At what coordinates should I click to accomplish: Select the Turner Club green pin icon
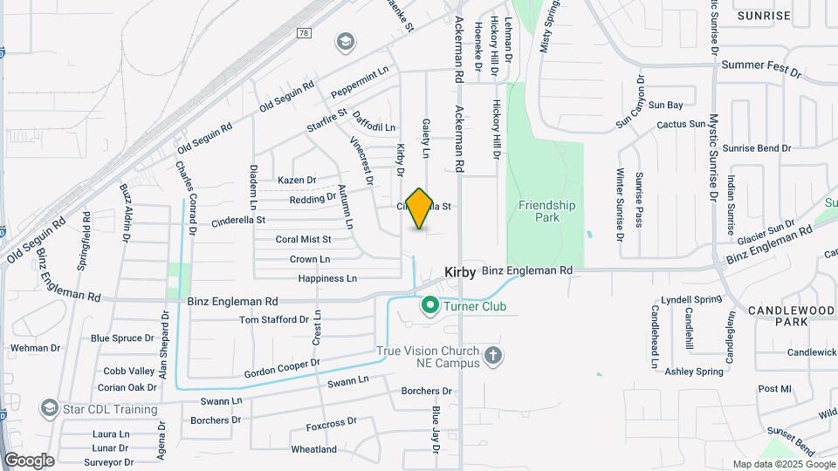pyautogui.click(x=429, y=306)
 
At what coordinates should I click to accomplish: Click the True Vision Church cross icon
pyautogui.click(x=493, y=356)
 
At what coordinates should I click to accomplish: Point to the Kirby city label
pyautogui.click(x=460, y=272)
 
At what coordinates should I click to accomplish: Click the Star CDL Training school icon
pyautogui.click(x=49, y=408)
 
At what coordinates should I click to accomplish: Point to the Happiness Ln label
pyautogui.click(x=327, y=278)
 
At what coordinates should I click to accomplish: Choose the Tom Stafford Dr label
pyautogui.click(x=274, y=320)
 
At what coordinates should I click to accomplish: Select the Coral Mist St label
pyautogui.click(x=303, y=239)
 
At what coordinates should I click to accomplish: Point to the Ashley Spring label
pyautogui.click(x=694, y=372)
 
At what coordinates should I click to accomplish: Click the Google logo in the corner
pyautogui.click(x=29, y=461)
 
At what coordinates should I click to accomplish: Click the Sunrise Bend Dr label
pyautogui.click(x=756, y=148)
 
